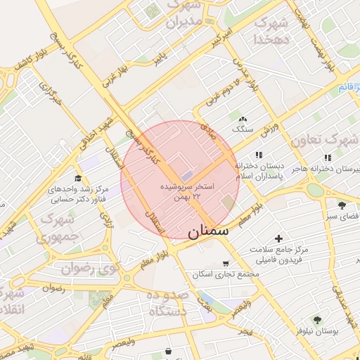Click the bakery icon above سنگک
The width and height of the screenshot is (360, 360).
pyautogui.click(x=243, y=120)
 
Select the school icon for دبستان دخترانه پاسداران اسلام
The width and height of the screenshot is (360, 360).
pyautogui.click(x=259, y=155)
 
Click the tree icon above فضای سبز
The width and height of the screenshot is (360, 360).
pyautogui.click(x=342, y=205)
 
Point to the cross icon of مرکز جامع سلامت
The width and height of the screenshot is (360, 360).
pyautogui.click(x=279, y=239)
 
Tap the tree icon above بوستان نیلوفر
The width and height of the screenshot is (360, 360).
pyautogui.click(x=317, y=319)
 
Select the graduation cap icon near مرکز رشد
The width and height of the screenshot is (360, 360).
pyautogui.click(x=78, y=178)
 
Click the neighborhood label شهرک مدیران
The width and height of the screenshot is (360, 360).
pyautogui.click(x=184, y=15)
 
